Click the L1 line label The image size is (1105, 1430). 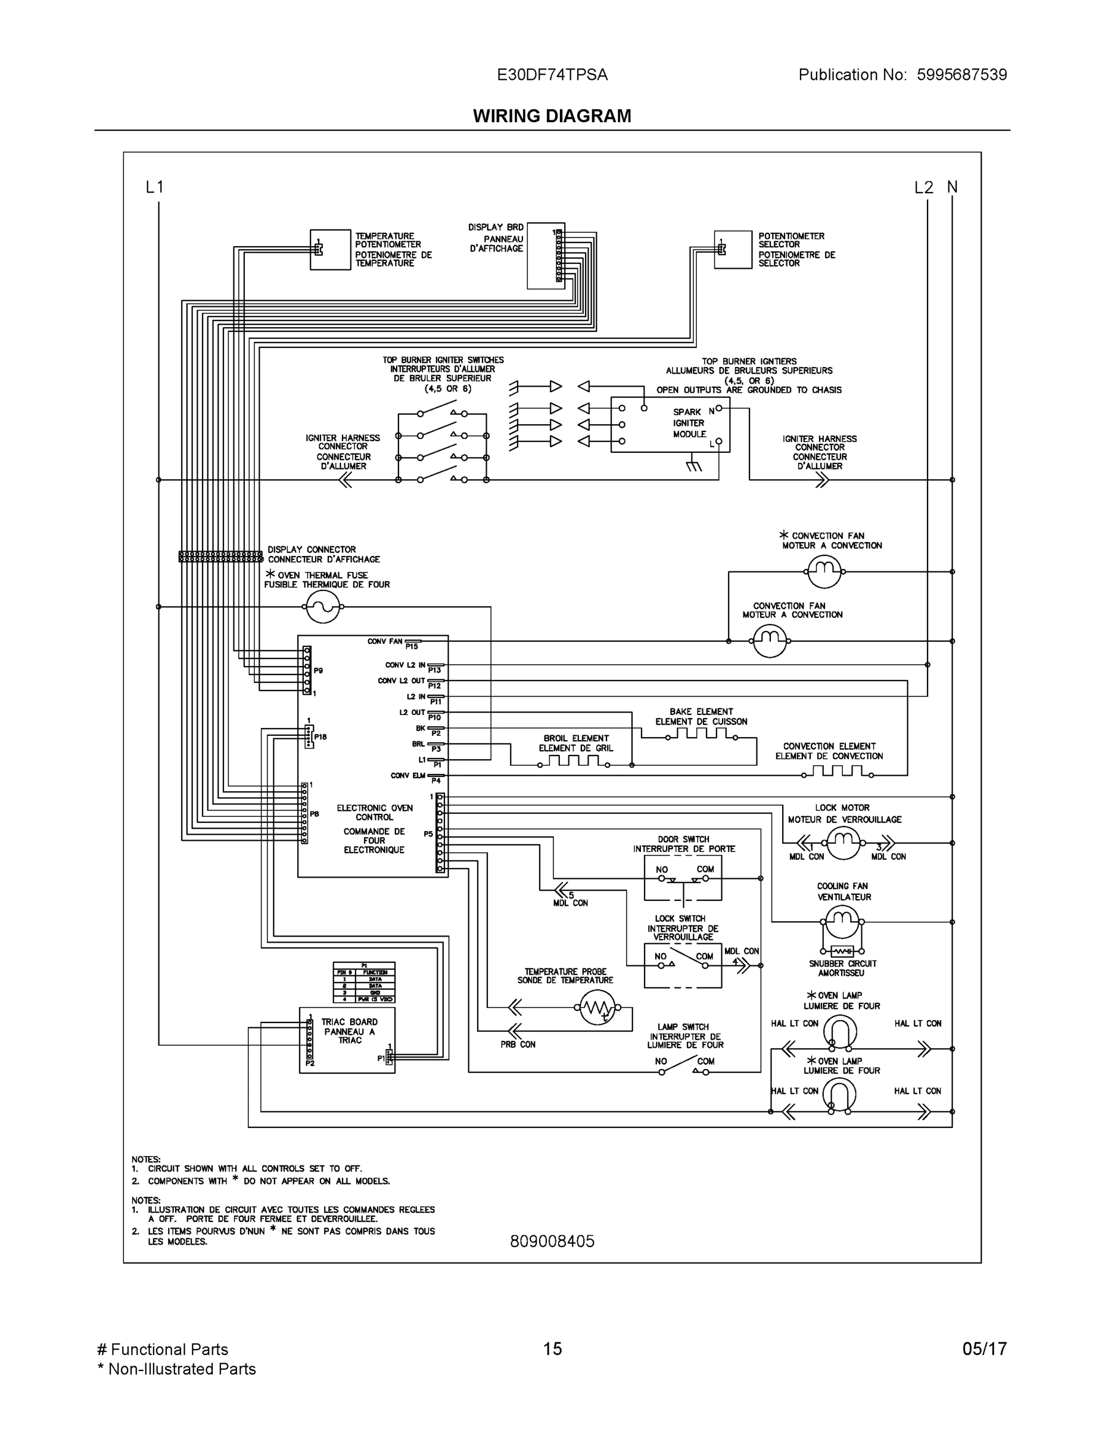click(154, 187)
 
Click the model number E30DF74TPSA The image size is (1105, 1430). click(552, 74)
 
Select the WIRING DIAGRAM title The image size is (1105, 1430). click(552, 116)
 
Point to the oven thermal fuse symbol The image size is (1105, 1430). click(323, 607)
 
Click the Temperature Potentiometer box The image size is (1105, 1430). click(330, 250)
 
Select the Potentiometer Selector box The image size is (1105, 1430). click(733, 250)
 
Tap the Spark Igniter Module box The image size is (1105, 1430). click(670, 424)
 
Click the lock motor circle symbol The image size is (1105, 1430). click(843, 843)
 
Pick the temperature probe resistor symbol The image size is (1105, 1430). click(597, 1008)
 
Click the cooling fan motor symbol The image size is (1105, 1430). click(842, 922)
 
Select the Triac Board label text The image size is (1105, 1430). click(350, 1031)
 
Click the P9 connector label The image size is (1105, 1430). click(318, 670)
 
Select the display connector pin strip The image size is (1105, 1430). click(220, 557)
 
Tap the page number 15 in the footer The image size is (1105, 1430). click(552, 1349)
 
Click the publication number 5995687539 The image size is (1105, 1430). click(961, 74)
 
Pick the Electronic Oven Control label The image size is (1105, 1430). click(375, 813)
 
